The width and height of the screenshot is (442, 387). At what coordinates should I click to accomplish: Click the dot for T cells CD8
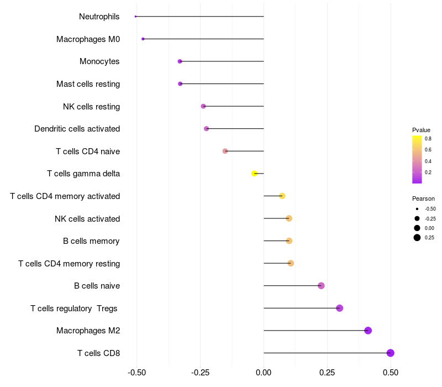click(x=391, y=353)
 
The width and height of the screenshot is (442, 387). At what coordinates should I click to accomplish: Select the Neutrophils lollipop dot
click(x=135, y=17)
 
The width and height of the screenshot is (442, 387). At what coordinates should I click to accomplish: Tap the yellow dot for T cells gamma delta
click(x=254, y=174)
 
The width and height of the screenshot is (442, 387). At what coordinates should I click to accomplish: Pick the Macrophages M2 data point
click(x=368, y=330)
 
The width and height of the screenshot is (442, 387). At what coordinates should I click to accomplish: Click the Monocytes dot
click(x=180, y=61)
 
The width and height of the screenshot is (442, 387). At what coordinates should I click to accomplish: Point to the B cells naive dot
click(x=321, y=286)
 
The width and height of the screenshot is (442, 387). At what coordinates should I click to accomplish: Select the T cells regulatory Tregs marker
click(x=340, y=308)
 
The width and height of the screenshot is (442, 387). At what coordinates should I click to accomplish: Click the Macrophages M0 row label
click(x=88, y=39)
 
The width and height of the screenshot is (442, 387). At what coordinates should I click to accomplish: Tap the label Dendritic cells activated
click(x=77, y=129)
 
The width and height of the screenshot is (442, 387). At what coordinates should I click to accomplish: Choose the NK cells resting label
click(x=92, y=107)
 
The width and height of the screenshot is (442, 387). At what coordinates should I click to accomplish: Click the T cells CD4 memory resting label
click(x=70, y=264)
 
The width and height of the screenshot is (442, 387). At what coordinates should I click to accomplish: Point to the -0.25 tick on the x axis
click(x=201, y=373)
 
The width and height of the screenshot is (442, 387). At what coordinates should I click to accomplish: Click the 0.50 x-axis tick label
click(x=391, y=373)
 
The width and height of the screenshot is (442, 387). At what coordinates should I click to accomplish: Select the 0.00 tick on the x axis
click(x=264, y=373)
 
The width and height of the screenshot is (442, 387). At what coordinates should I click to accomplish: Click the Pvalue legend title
click(x=421, y=130)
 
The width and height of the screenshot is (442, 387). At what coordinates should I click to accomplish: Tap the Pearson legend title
click(x=423, y=198)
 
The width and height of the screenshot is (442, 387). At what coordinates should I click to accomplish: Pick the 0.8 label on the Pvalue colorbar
click(x=428, y=139)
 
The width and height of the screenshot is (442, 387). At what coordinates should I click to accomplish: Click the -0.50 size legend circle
click(x=417, y=209)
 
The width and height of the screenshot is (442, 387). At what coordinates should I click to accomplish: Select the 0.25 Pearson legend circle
click(x=417, y=238)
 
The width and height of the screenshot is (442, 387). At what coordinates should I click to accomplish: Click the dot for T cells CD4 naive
click(x=225, y=151)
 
